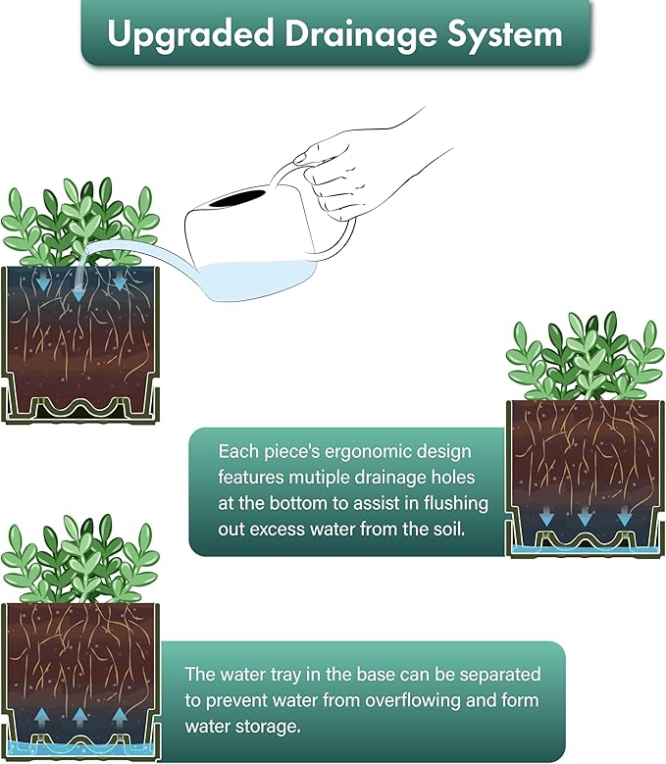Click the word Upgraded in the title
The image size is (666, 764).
click(x=190, y=35)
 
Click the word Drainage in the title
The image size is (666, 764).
click(x=361, y=35)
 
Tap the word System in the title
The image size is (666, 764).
click(x=505, y=35)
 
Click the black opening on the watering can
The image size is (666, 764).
click(x=239, y=198)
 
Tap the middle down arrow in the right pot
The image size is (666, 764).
click(x=586, y=517)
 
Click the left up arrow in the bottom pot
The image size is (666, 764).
click(x=42, y=718)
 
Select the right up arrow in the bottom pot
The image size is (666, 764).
click(x=120, y=718)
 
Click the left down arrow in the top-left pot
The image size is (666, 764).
click(x=42, y=281)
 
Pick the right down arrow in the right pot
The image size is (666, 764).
click(x=624, y=517)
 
